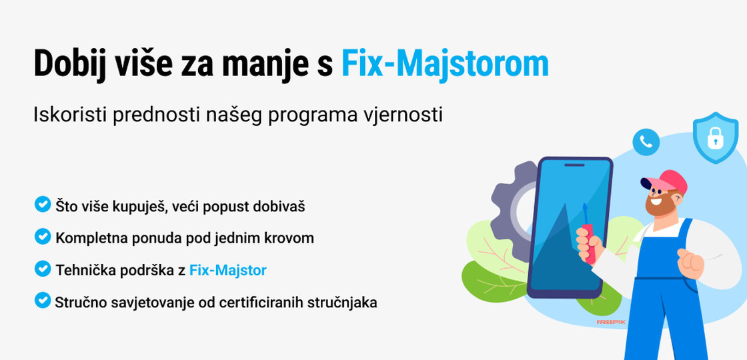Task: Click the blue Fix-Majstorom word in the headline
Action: pyautogui.click(x=445, y=63)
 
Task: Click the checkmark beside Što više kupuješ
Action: pyautogui.click(x=43, y=204)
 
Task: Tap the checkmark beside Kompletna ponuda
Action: pyautogui.click(x=43, y=236)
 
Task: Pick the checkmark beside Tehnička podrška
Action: pyautogui.click(x=43, y=269)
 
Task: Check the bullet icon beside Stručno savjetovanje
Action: pyautogui.click(x=43, y=301)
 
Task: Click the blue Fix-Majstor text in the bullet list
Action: pyautogui.click(x=228, y=270)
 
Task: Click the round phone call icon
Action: pyautogui.click(x=646, y=141)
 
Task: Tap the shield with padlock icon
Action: pyautogui.click(x=715, y=138)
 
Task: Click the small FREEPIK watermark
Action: pyautogui.click(x=610, y=321)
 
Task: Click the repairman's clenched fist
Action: pyautogui.click(x=690, y=263)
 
